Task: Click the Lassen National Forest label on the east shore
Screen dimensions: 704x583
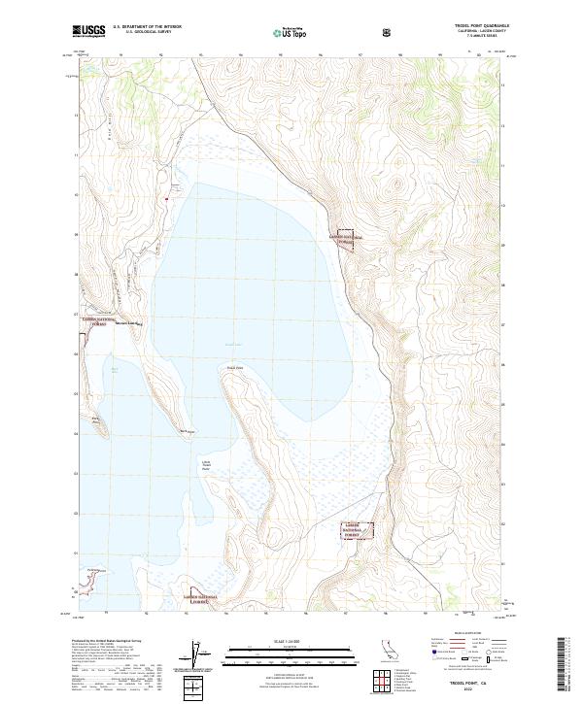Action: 344,238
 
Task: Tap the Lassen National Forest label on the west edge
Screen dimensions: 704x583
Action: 97,320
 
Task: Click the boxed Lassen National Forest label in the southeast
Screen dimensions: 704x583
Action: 357,529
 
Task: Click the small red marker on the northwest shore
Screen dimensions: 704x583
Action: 166,200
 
